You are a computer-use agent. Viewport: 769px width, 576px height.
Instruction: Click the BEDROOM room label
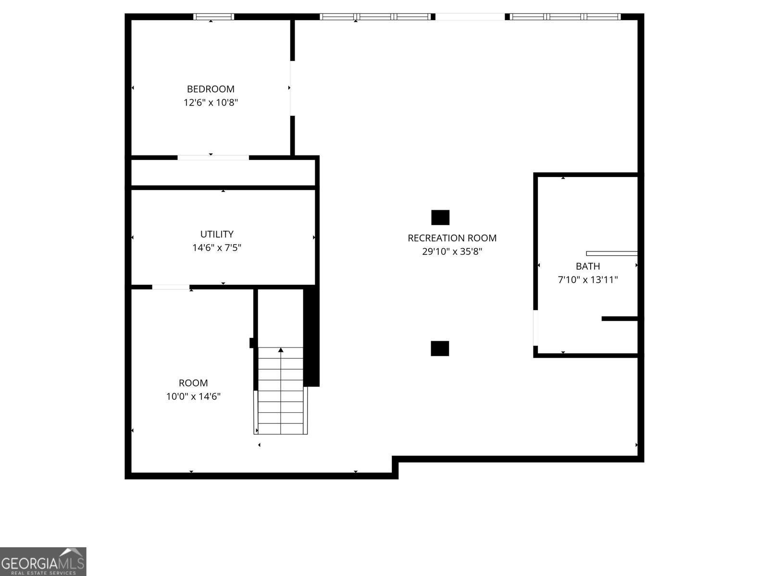[211, 89]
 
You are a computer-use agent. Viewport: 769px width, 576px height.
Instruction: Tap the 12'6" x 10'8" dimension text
[211, 102]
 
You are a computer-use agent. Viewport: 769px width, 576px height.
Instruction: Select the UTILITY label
[216, 234]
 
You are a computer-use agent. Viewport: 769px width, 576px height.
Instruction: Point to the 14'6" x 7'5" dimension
[216, 248]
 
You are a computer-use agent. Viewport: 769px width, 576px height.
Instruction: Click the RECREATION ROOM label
[452, 238]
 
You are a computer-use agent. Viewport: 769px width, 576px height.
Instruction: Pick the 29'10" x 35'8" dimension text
[452, 252]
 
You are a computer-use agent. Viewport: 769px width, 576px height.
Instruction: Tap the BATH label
[587, 266]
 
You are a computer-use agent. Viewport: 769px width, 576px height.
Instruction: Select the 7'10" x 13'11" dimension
[587, 280]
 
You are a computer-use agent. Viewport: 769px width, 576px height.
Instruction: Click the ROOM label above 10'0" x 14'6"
[193, 383]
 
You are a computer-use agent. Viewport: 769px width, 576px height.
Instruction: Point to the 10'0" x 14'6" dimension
[193, 396]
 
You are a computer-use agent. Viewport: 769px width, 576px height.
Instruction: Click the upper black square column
[440, 217]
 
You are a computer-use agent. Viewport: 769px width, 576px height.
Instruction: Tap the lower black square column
[440, 348]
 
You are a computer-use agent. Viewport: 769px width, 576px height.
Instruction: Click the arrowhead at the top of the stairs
[281, 350]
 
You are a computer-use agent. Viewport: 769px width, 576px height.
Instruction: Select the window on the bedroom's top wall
[213, 16]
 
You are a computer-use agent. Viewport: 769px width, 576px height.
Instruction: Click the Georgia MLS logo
[43, 562]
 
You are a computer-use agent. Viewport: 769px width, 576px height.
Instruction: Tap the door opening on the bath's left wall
[535, 328]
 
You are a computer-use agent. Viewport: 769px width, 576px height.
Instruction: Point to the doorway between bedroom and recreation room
[292, 88]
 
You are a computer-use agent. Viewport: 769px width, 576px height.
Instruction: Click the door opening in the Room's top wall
[171, 287]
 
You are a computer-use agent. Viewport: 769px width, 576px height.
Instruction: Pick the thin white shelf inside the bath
[612, 253]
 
